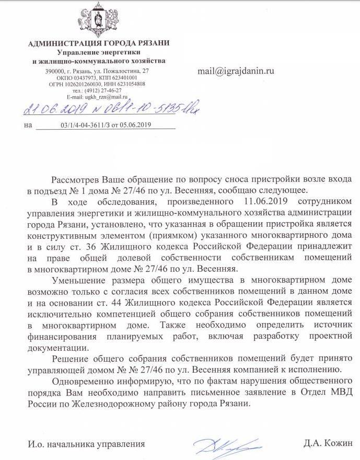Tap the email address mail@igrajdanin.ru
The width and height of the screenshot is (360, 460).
pyautogui.click(x=235, y=71)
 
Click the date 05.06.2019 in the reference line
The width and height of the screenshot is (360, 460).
pyautogui.click(x=134, y=125)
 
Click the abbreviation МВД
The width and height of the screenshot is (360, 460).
pyautogui.click(x=339, y=393)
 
